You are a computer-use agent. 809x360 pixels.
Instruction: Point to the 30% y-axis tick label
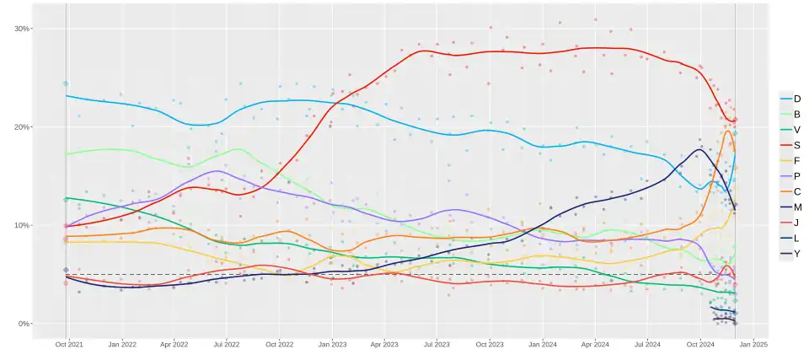(x=22, y=29)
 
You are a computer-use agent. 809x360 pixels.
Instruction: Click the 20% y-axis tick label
(x=22, y=127)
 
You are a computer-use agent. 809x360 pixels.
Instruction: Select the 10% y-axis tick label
(x=22, y=226)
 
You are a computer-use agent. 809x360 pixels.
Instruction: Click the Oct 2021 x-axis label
(x=69, y=345)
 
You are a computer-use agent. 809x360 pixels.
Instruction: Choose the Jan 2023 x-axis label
(x=332, y=345)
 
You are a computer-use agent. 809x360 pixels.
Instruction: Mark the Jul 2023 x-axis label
(x=436, y=345)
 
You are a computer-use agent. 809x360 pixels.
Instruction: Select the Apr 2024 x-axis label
(x=595, y=345)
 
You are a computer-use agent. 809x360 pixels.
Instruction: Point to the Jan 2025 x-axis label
(x=753, y=345)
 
